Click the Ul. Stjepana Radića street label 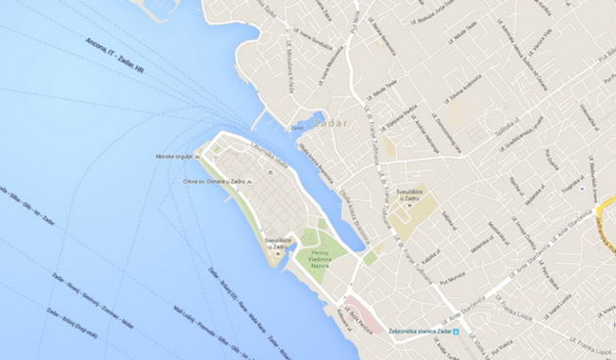click(x=398, y=113)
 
